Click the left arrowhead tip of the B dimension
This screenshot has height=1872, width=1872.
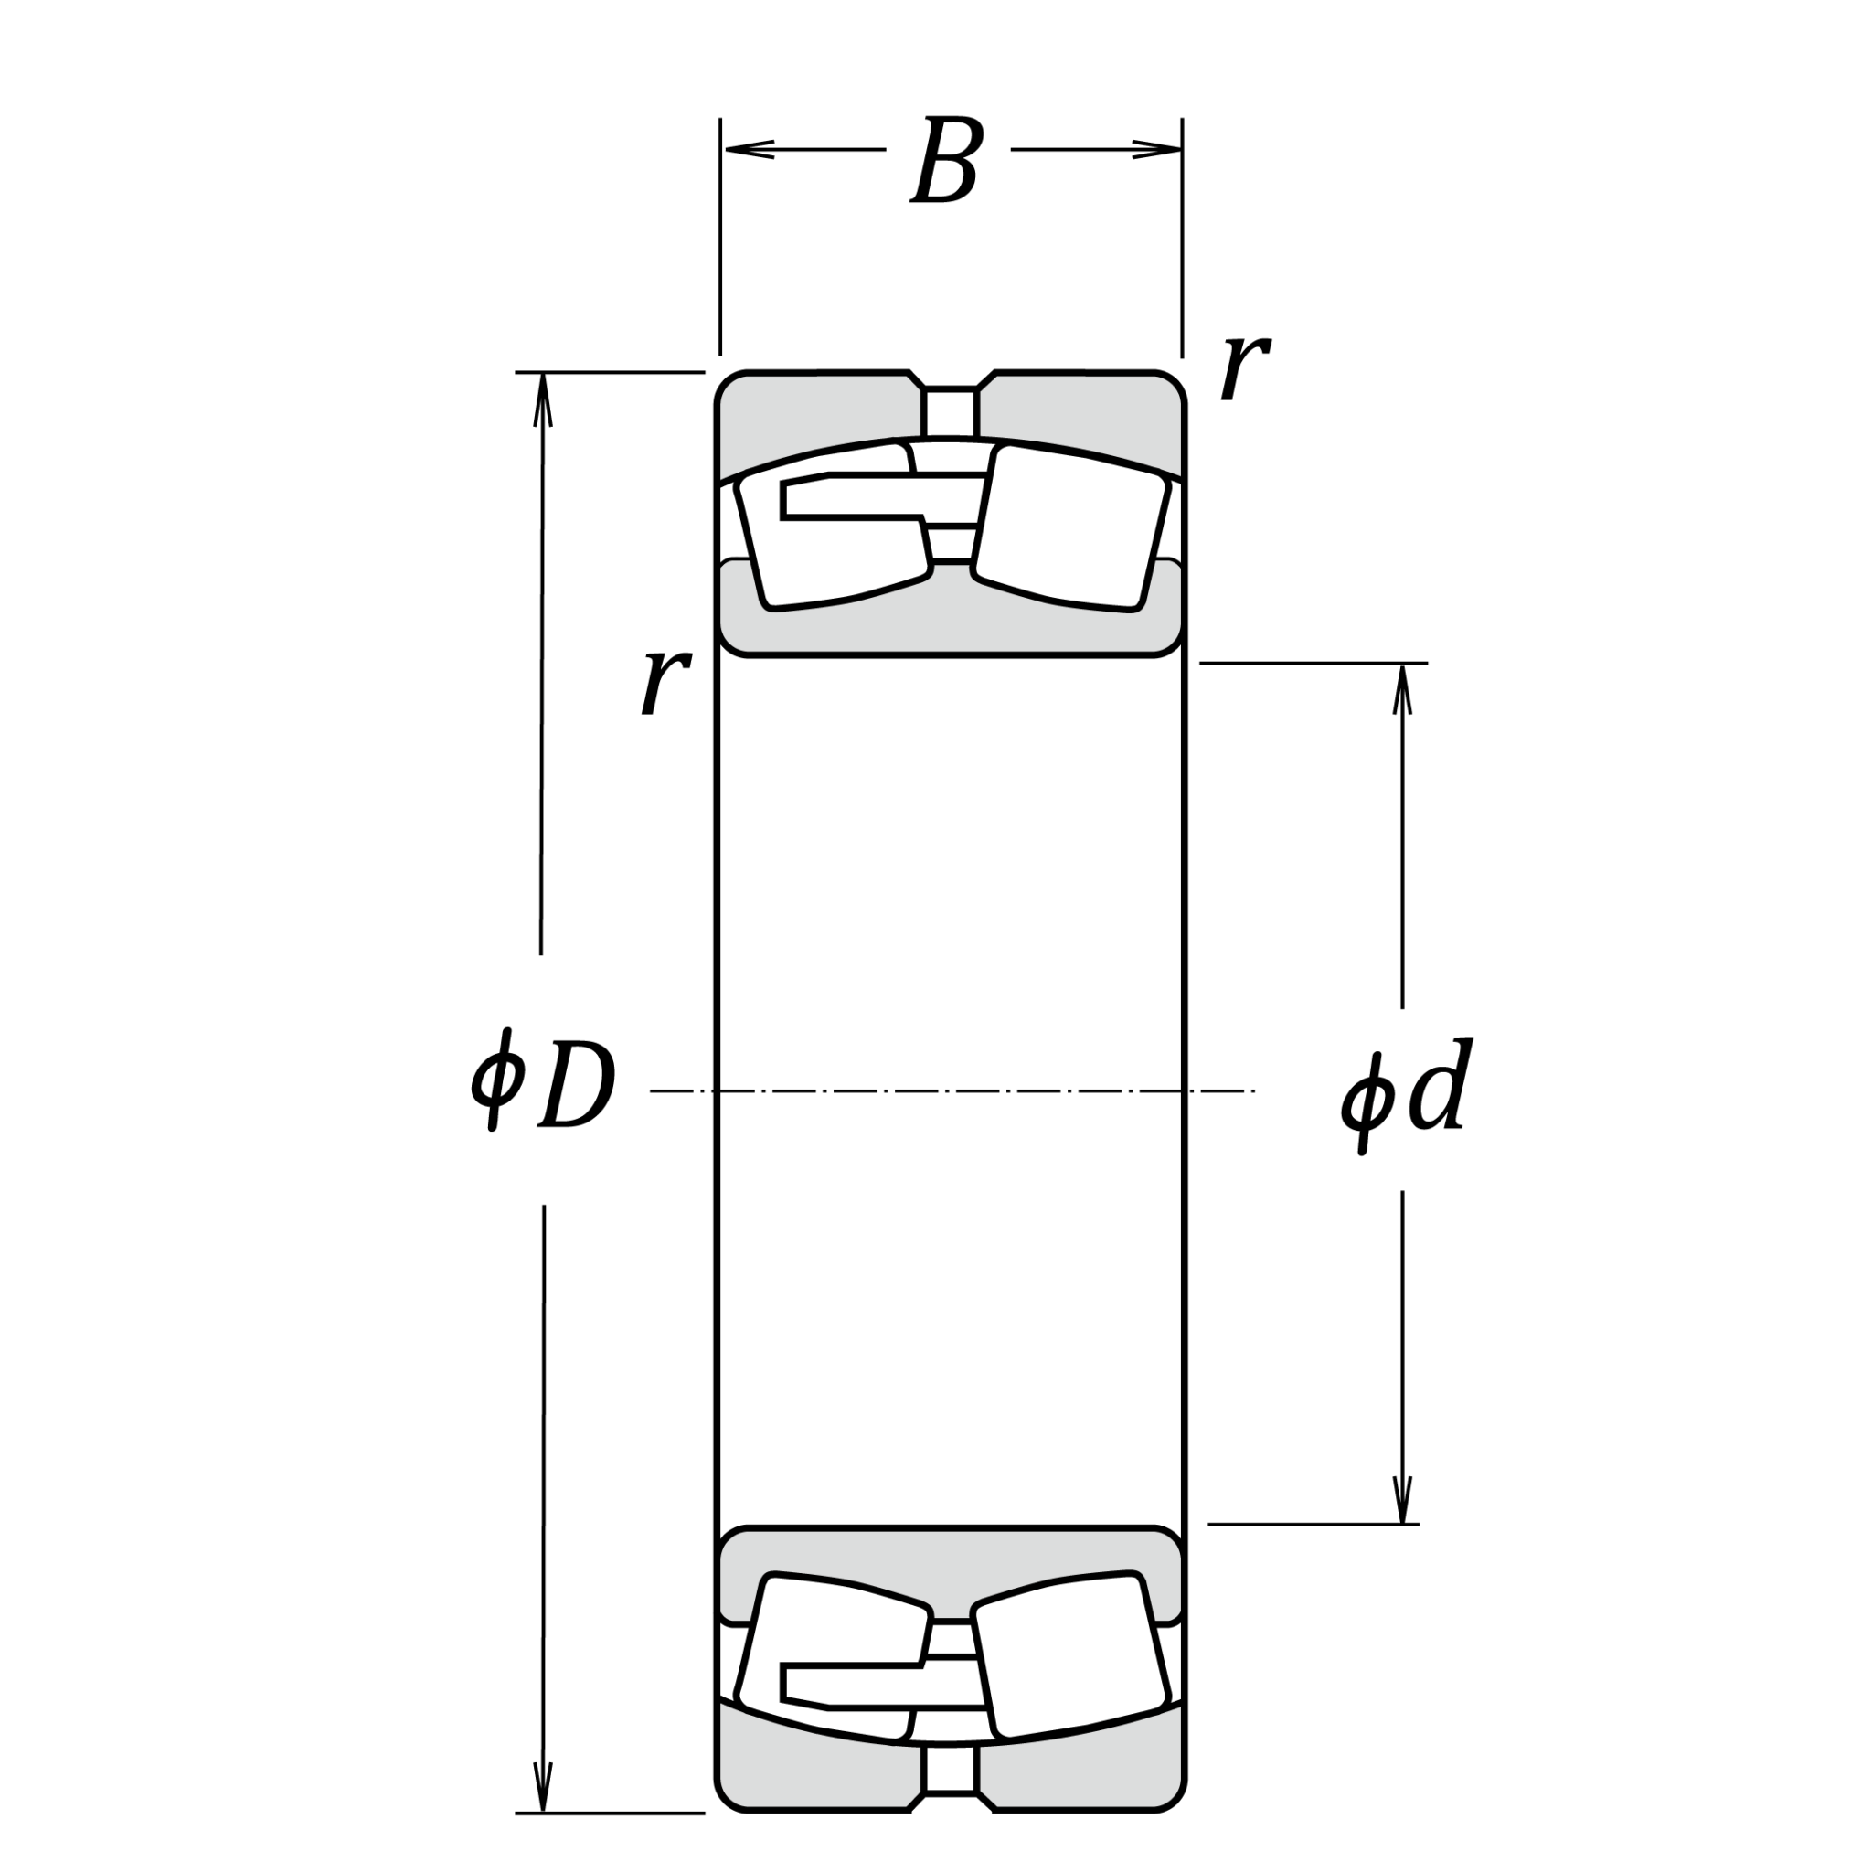[725, 149]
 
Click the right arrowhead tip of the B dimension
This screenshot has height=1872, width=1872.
[1181, 149]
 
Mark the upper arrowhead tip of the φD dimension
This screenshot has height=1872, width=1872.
[543, 373]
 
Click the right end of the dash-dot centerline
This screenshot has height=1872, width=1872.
[1255, 1091]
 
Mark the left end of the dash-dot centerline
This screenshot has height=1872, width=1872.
[650, 1091]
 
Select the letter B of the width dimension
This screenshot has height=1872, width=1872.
[948, 160]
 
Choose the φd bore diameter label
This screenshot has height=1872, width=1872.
[1407, 1095]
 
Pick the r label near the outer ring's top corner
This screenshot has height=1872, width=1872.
[1245, 367]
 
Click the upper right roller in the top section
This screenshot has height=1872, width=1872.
[1070, 527]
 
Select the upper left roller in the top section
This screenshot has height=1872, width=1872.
[834, 526]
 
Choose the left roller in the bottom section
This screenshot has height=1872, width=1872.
[834, 1658]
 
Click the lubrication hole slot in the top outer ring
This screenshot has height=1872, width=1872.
[950, 413]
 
